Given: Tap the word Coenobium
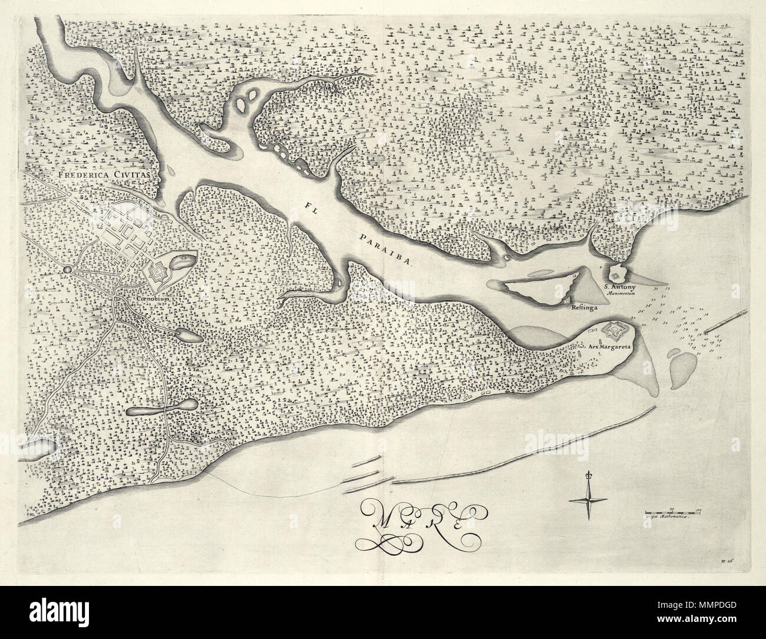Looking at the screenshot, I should pyautogui.click(x=153, y=299).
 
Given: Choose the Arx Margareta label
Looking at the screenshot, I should pyautogui.click(x=610, y=347).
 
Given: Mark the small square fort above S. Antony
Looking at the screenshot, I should pyautogui.click(x=616, y=275).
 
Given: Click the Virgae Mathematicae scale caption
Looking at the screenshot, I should pyautogui.click(x=668, y=516).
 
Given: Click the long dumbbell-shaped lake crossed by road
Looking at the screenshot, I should pyautogui.click(x=161, y=408).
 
